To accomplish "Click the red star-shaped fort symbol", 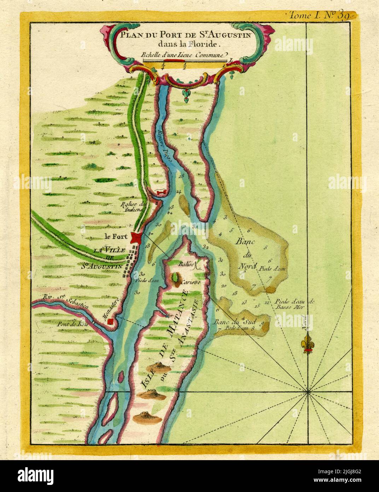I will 136,237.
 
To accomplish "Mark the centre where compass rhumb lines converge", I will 308,392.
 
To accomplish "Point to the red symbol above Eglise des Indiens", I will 161,192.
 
